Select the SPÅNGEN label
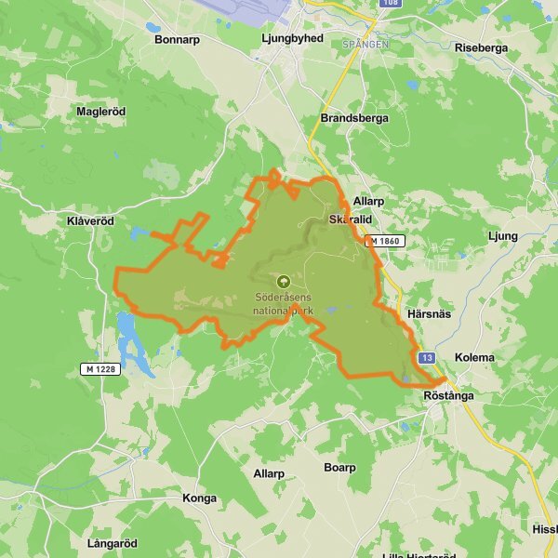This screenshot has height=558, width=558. tap(365, 43)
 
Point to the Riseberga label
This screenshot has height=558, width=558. tap(482, 47)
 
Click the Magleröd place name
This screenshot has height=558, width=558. tap(100, 111)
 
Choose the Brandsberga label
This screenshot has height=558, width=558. tap(353, 118)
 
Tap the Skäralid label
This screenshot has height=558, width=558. tap(351, 219)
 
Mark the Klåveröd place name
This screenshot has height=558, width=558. tap(90, 222)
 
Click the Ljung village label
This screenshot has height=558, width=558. tap(502, 236)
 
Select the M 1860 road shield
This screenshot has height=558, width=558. tap(384, 241)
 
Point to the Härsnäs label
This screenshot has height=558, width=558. tap(429, 313)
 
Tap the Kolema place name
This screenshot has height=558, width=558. tap(474, 358)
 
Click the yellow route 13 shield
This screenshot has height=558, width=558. tap(427, 358)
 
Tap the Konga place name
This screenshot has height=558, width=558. tap(200, 498)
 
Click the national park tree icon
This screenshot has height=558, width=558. tap(283, 280)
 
